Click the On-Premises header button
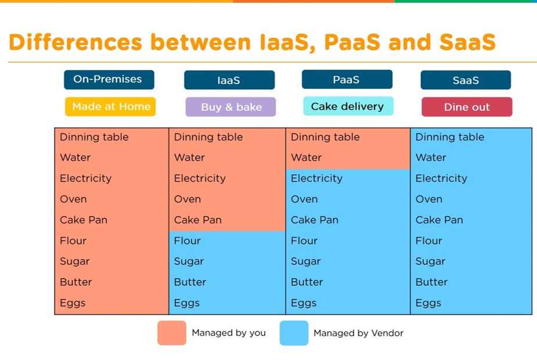point(109,80)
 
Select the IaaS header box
point(229,80)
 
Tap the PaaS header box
point(347,80)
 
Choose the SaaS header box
point(466,80)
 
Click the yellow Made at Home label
point(110,106)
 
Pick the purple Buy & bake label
point(230,107)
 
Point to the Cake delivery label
point(348,106)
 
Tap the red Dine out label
point(467,107)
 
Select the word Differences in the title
point(75,42)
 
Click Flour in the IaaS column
point(188,240)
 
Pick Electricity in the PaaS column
point(316,178)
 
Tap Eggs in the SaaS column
point(428,303)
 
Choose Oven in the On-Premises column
point(73,199)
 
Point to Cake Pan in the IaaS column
point(197,219)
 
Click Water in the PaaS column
point(306,157)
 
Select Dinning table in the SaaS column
point(450,137)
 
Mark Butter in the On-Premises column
point(75,282)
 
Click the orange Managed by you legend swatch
point(172,333)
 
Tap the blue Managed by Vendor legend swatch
point(294,333)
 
